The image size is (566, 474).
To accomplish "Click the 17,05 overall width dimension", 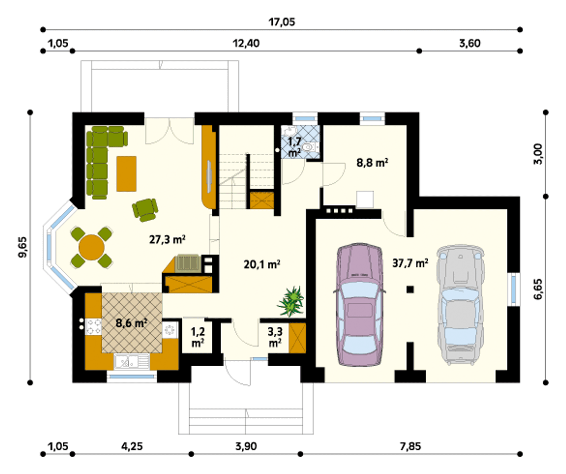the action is click(x=282, y=22).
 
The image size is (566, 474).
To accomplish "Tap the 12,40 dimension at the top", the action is click(x=246, y=43).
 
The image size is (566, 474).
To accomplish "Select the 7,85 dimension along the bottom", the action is click(x=410, y=446).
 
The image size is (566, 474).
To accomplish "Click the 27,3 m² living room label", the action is click(x=167, y=240).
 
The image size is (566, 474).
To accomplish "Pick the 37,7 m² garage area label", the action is click(x=410, y=263).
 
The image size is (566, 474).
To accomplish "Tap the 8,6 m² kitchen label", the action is click(x=131, y=323).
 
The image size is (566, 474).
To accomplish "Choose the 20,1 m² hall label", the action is click(x=262, y=264).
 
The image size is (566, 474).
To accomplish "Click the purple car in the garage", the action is click(x=359, y=305).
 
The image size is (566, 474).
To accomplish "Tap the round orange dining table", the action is click(x=92, y=247).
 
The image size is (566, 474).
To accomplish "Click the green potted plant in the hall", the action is click(x=291, y=302).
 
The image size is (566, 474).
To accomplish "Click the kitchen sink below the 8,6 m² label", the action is click(x=131, y=362).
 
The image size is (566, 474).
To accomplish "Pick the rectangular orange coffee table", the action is click(x=126, y=174).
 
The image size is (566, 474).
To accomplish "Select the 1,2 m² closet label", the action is click(x=198, y=337).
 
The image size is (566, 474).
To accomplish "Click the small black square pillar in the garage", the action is click(x=410, y=290).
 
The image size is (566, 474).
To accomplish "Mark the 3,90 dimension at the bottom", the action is click(x=246, y=446).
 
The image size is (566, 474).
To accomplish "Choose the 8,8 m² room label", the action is click(x=372, y=163).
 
